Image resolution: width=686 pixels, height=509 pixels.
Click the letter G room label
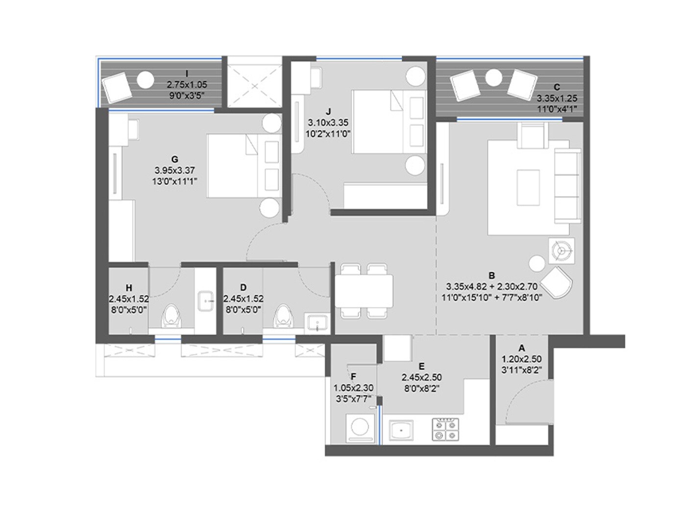174,159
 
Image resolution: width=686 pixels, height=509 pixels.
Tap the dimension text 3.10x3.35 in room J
328,123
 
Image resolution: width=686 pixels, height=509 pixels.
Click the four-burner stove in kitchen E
445,430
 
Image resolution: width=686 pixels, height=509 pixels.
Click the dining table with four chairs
363,290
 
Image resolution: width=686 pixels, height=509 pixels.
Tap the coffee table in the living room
528,187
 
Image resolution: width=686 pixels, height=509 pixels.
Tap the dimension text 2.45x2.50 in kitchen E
421,377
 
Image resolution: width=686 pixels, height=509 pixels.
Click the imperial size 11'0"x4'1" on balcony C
557,109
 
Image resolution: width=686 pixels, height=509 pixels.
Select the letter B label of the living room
491,275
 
